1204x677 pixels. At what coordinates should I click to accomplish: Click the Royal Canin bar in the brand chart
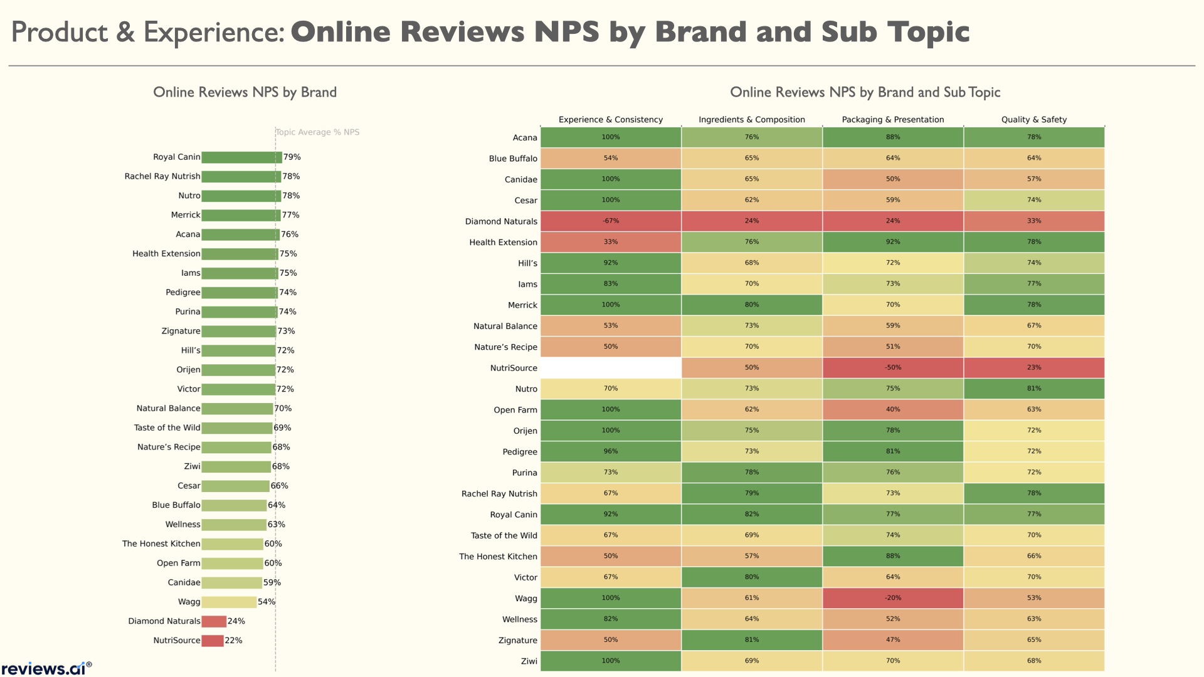241,157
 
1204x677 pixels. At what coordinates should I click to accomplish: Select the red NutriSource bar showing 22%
213,641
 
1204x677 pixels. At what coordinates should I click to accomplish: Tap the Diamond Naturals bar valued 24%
214,621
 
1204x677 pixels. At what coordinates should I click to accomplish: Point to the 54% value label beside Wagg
267,602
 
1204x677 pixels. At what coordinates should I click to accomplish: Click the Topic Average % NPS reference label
318,132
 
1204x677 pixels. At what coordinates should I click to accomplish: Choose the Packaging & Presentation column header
892,120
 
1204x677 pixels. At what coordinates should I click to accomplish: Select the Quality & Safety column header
1033,120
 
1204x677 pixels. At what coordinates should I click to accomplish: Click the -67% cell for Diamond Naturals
611,221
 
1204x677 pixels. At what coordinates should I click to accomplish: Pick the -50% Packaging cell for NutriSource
892,368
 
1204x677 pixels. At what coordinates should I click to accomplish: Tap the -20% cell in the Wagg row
892,598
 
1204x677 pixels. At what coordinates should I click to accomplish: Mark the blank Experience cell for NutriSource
611,368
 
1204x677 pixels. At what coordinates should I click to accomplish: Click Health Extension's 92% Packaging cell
892,242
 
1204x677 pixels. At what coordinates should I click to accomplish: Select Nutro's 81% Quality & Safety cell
1033,389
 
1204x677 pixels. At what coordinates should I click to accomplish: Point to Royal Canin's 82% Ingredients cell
751,515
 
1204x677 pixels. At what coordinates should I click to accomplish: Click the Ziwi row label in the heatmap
529,661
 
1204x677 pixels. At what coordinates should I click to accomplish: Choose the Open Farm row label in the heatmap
515,410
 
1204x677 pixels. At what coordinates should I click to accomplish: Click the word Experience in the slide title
214,33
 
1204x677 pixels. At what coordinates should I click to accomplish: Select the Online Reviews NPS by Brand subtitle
245,93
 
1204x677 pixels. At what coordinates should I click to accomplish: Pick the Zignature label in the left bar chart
181,331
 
